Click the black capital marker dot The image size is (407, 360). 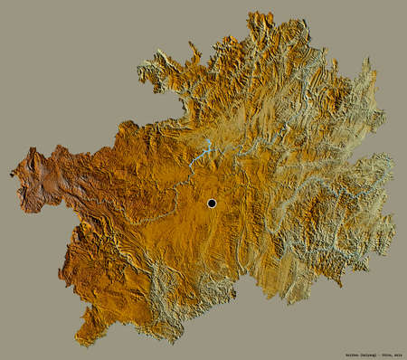click(x=212, y=204)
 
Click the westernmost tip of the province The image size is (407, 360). click(x=13, y=173)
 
